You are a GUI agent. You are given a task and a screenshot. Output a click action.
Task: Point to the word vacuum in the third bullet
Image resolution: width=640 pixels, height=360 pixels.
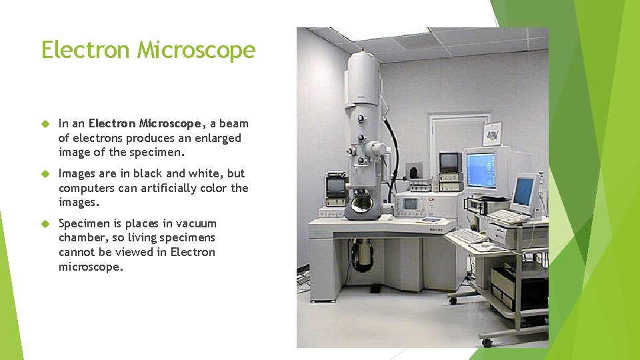[197, 223]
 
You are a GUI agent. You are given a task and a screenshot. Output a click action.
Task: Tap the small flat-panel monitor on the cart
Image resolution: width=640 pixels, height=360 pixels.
[523, 192]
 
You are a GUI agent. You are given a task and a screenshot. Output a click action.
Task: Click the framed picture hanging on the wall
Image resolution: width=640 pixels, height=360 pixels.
[492, 133]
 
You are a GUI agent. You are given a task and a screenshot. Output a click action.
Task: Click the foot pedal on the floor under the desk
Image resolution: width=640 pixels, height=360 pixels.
[375, 289]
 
